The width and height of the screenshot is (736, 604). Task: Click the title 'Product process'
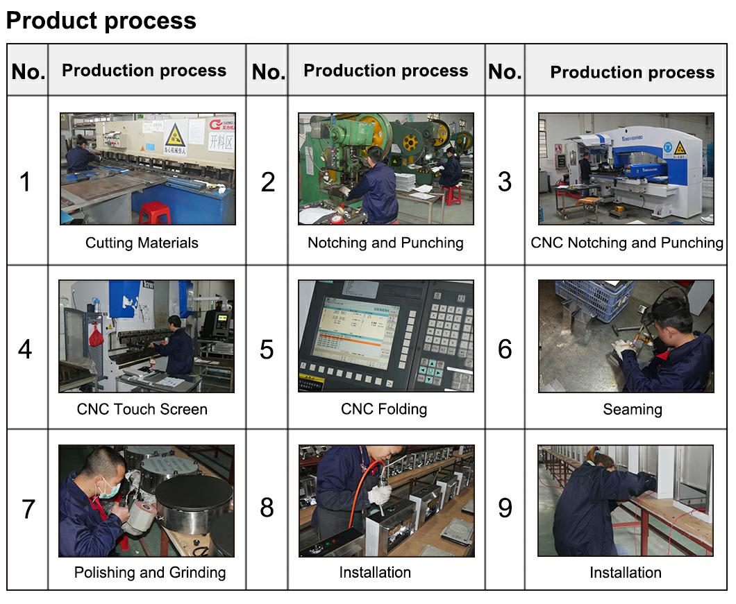coord(101,21)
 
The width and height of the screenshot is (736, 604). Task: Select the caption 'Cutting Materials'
coord(142,243)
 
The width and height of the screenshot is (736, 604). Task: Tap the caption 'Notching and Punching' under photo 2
coord(385,243)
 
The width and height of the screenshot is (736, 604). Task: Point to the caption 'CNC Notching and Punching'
coord(626,243)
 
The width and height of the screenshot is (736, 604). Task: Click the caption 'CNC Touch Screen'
coord(142,409)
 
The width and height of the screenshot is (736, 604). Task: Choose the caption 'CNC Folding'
coord(384,409)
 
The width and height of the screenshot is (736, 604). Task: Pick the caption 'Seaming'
coord(633,409)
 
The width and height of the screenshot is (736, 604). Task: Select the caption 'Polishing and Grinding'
coord(150,573)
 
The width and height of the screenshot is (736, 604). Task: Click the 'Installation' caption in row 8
coord(375,573)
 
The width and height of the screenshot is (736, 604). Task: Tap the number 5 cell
coord(267,350)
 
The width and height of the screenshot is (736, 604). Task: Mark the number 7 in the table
coord(28,509)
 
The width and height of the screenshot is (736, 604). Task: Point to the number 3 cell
coord(505,182)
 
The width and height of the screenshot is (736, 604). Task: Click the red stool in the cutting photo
coord(155,213)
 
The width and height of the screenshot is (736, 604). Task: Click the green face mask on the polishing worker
coord(108,489)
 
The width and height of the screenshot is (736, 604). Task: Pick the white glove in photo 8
coord(380,493)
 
